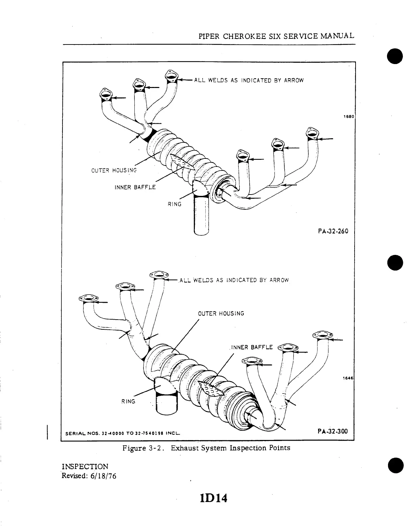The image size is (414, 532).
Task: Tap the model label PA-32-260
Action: point(333,231)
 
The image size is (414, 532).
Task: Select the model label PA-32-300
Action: point(333,431)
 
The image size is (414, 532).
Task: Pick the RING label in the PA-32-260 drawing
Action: point(175,204)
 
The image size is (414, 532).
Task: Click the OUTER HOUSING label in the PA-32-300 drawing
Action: point(221,314)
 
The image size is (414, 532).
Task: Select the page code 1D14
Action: point(213,498)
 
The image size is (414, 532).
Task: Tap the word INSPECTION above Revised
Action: point(85,467)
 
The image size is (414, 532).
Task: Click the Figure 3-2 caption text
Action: point(207,448)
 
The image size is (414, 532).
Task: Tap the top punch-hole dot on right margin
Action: point(395,56)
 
